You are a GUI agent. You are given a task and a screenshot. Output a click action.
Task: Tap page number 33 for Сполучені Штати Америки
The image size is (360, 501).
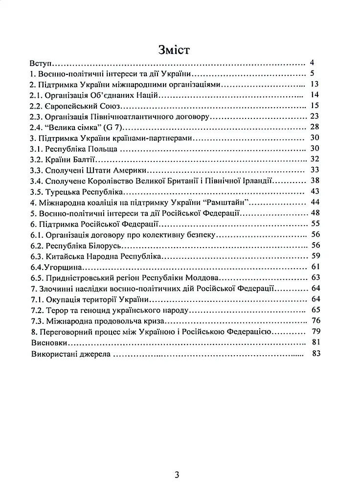(315, 170)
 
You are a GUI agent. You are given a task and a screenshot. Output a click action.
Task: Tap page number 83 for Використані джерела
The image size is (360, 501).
(315, 354)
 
